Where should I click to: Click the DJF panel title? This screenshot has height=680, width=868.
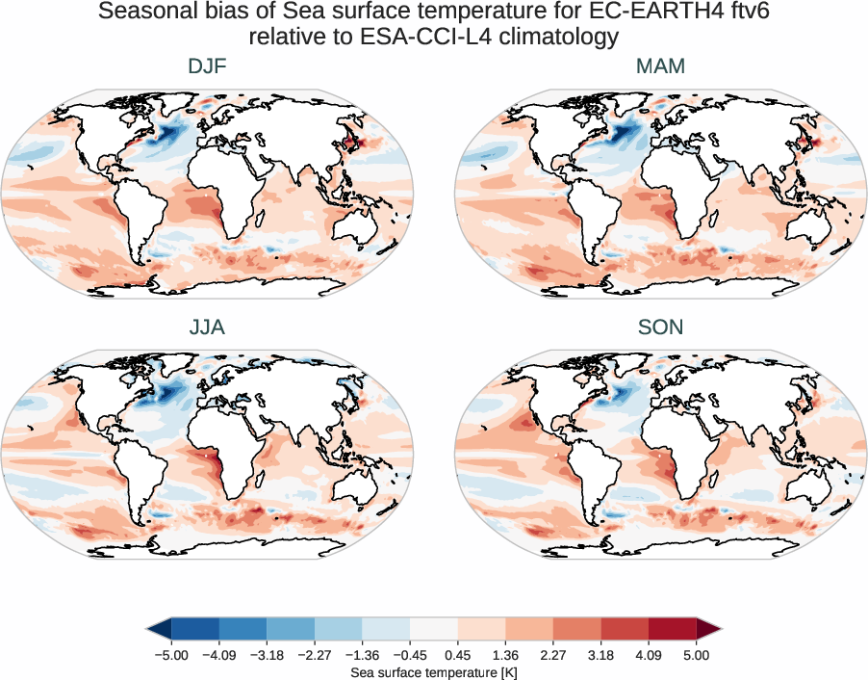207,66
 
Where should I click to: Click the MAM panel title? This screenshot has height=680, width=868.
660,66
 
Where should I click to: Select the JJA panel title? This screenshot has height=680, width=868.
207,327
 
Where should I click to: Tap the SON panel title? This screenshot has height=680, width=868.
660,327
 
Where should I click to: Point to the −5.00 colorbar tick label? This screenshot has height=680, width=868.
170,655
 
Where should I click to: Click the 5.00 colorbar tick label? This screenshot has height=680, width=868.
697,655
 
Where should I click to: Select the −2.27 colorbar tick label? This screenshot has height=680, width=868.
314,655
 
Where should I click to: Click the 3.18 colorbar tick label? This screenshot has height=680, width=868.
600,655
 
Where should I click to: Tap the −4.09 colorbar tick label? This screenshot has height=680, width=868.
218,655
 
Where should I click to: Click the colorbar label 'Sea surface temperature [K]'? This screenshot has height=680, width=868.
433,670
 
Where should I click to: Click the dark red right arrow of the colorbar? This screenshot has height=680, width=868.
708,630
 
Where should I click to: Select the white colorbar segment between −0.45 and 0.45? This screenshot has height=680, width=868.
433,630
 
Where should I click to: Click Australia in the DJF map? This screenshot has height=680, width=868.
365,222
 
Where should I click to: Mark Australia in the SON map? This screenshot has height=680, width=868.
817,484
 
